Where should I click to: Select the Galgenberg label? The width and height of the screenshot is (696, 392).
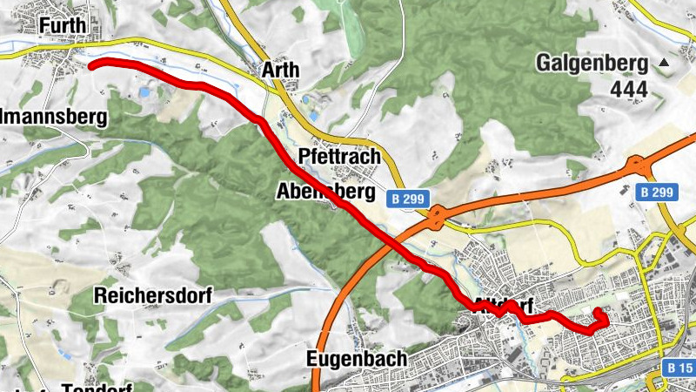click(x=592, y=63)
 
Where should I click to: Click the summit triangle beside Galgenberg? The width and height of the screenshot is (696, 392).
click(x=666, y=63)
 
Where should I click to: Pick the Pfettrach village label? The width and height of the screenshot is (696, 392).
click(x=339, y=157)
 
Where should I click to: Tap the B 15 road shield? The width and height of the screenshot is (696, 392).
click(x=679, y=368)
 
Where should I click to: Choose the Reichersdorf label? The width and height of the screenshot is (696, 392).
click(x=154, y=295)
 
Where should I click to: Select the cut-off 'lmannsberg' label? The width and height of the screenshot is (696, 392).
click(x=53, y=116)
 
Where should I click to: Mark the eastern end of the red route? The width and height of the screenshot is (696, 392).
click(x=598, y=312)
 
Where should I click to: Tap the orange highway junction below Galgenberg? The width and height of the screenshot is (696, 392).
click(x=638, y=162)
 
